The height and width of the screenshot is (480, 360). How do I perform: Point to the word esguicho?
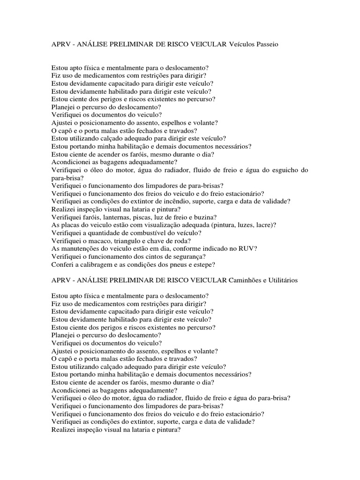279,170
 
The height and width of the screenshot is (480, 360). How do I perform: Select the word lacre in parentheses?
264,225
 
